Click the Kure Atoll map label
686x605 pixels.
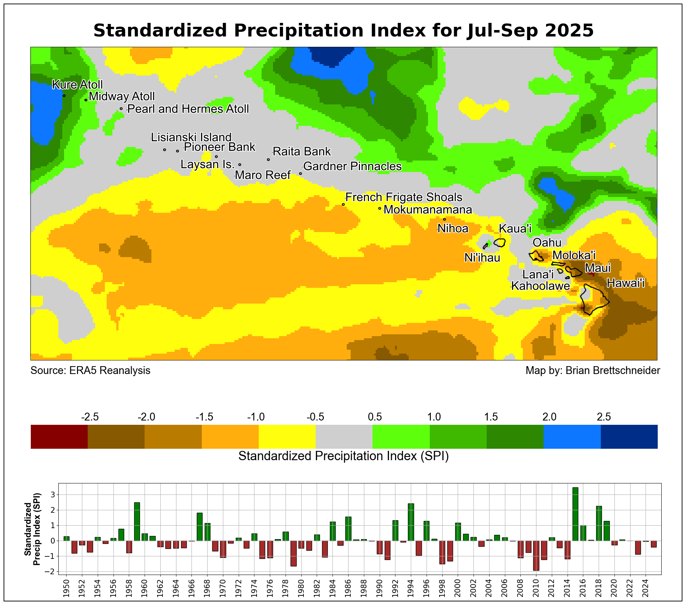(x=77, y=85)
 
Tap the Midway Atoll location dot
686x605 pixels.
(x=86, y=100)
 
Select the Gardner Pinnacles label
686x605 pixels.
(x=352, y=167)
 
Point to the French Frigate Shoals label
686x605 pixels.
(x=404, y=197)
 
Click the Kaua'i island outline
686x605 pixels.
(x=500, y=243)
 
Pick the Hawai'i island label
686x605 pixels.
(x=626, y=284)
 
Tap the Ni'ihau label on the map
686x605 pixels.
(x=482, y=258)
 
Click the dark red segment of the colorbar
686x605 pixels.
(x=59, y=437)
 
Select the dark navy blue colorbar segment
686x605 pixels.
(x=629, y=437)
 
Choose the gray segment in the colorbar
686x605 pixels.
(x=344, y=437)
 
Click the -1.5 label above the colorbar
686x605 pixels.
(x=204, y=417)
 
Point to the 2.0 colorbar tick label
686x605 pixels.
(x=549, y=417)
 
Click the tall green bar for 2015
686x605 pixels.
(x=575, y=514)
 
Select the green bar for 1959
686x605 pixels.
(x=137, y=521)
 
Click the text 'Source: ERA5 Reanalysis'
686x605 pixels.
(x=90, y=370)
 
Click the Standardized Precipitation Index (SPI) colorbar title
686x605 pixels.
(x=344, y=456)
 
